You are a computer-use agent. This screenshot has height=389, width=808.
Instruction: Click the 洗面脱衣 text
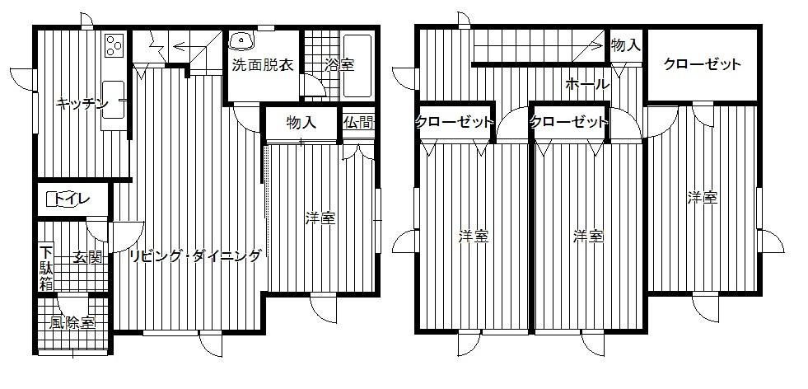point(263,65)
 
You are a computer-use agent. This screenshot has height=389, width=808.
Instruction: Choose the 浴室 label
point(338,65)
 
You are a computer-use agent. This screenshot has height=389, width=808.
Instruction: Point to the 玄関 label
point(87,256)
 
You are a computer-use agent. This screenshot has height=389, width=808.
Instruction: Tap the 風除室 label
point(71,323)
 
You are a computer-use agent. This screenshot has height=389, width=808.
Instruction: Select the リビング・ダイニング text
point(194,256)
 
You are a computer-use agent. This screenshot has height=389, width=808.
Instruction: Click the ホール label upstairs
point(587,84)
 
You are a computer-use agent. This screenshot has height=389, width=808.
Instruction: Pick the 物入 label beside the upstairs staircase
point(626,45)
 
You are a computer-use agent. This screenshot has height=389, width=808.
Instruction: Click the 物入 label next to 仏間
point(301,124)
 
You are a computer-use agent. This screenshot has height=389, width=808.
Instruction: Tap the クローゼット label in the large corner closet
point(703,65)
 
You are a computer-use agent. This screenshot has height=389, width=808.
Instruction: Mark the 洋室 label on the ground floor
point(320,219)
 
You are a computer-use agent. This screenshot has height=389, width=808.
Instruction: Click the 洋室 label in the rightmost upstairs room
point(703,198)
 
